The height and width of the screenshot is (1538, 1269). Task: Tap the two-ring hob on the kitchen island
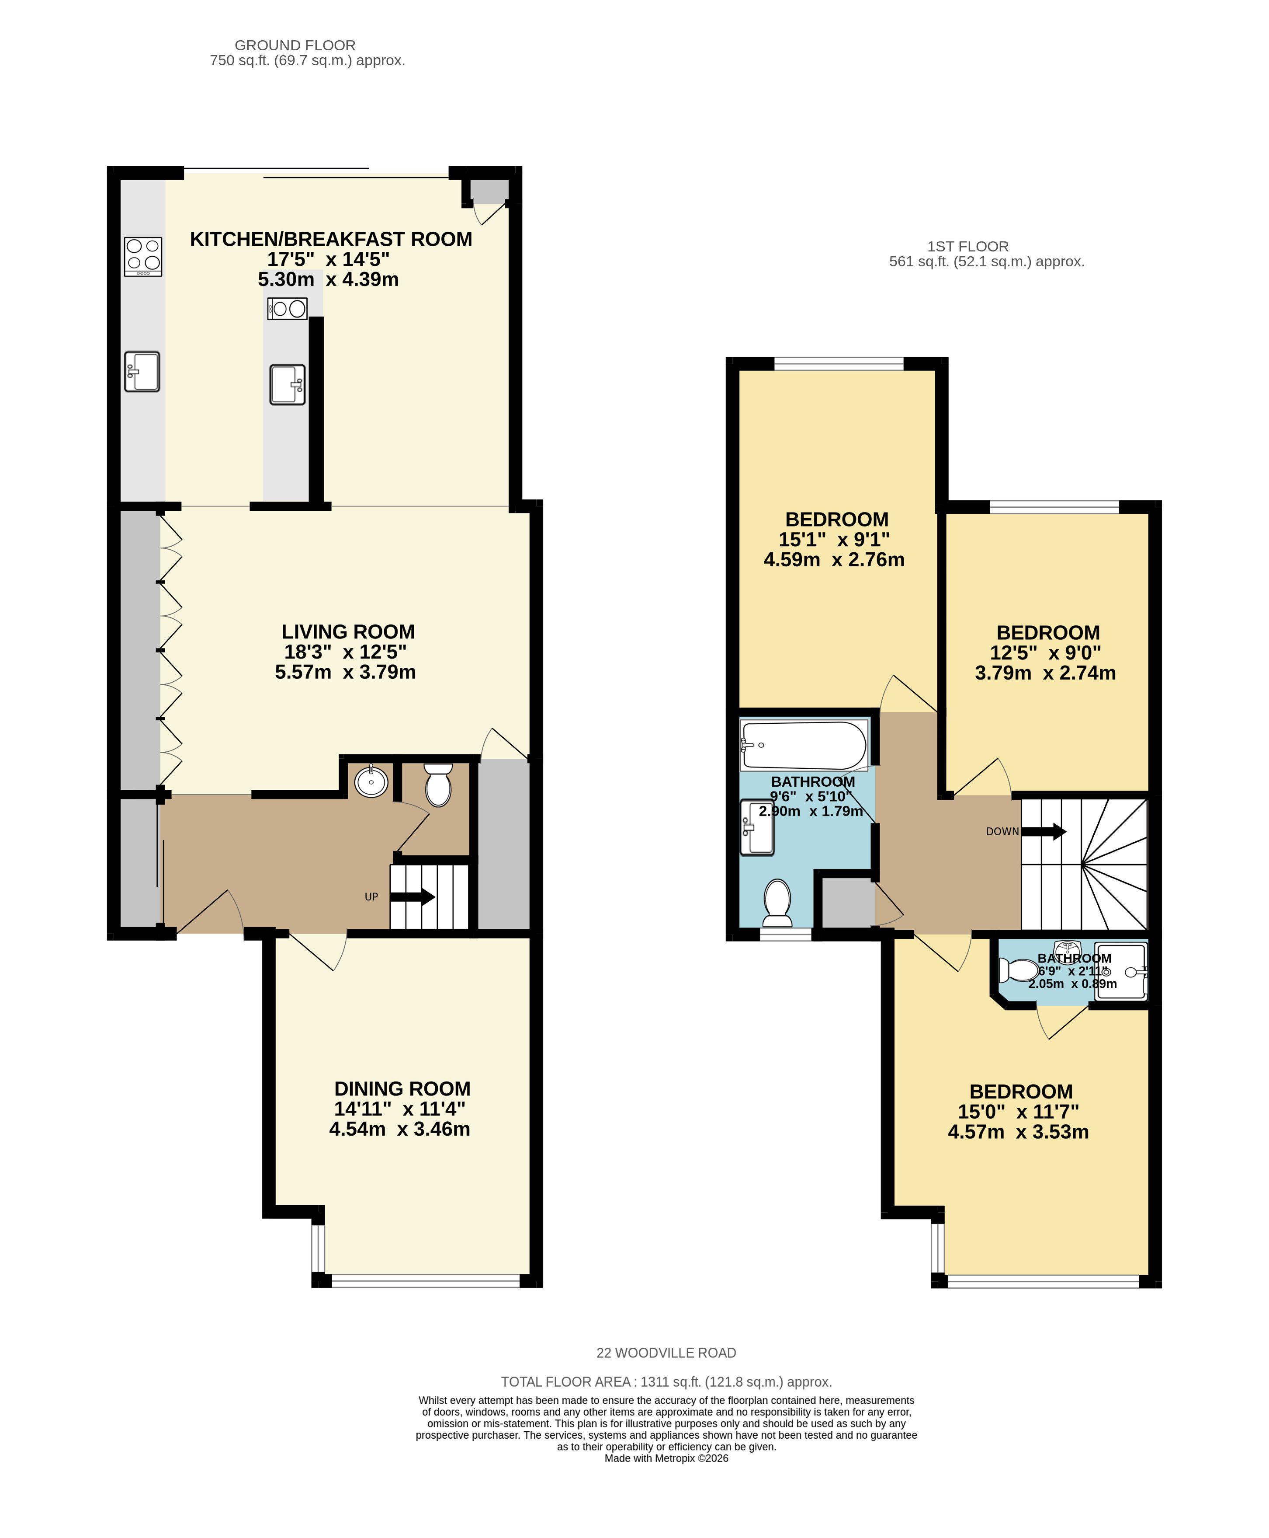pyautogui.click(x=287, y=309)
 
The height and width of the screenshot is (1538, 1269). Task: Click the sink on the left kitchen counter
pyautogui.click(x=142, y=372)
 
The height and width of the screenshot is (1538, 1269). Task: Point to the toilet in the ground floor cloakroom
pyautogui.click(x=438, y=785)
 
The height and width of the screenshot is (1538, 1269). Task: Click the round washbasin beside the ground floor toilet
pyautogui.click(x=371, y=781)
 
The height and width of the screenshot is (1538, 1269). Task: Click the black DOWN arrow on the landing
pyautogui.click(x=1044, y=831)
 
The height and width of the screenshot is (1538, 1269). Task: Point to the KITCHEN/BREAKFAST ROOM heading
pyautogui.click(x=331, y=239)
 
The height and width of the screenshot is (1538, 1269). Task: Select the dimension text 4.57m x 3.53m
pyautogui.click(x=1018, y=1132)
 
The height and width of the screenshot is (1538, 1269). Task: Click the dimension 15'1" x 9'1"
pyautogui.click(x=834, y=540)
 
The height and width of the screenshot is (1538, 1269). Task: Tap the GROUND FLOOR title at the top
pyautogui.click(x=295, y=45)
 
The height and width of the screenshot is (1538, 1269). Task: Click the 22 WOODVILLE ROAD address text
pyautogui.click(x=666, y=1353)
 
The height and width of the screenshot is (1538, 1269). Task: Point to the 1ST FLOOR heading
pyautogui.click(x=968, y=247)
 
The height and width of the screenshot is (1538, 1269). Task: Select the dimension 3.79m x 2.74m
pyautogui.click(x=1045, y=673)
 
